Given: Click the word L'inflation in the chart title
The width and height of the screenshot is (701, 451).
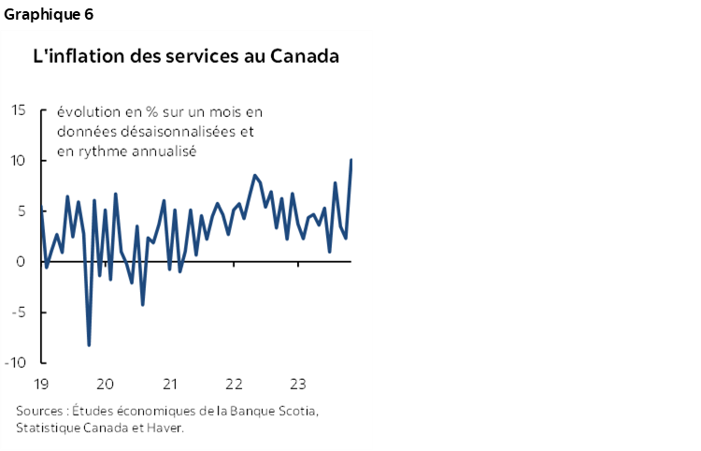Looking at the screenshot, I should pyautogui.click(x=71, y=56).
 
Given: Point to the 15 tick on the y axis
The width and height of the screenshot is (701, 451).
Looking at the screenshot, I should pyautogui.click(x=19, y=110).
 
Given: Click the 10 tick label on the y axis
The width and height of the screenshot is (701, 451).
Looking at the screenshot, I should pyautogui.click(x=19, y=161).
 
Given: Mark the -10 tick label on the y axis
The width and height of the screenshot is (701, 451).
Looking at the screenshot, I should pyautogui.click(x=16, y=363).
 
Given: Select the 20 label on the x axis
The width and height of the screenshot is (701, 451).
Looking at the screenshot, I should pyautogui.click(x=106, y=384).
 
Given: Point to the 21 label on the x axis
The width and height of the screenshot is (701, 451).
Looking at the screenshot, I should pyautogui.click(x=170, y=384).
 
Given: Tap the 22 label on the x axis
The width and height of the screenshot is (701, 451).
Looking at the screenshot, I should pyautogui.click(x=234, y=384).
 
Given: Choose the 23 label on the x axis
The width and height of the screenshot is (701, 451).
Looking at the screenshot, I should pyautogui.click(x=298, y=384).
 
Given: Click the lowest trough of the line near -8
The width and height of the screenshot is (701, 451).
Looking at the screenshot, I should pyautogui.click(x=89, y=345).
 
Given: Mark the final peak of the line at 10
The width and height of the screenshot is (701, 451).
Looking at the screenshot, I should pyautogui.click(x=350, y=160).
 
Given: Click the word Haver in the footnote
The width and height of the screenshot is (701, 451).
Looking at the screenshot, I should pyautogui.click(x=165, y=428).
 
